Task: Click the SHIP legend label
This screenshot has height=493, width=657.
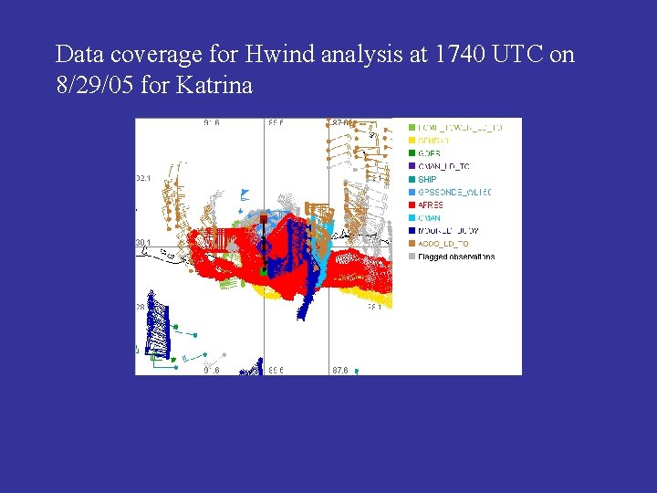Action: click(x=428, y=180)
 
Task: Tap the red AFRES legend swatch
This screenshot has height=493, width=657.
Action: click(x=412, y=205)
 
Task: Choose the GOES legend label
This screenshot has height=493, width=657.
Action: click(x=429, y=153)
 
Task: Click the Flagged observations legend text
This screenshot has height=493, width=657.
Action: click(x=456, y=257)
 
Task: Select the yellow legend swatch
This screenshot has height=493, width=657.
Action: click(x=412, y=141)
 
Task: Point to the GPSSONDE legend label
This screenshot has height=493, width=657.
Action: click(x=454, y=193)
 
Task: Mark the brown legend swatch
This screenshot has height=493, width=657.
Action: click(x=412, y=244)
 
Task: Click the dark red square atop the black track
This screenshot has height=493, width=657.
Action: click(x=263, y=220)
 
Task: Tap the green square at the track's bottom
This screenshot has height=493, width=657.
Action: click(x=263, y=271)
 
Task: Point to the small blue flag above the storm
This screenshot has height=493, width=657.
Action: click(x=244, y=194)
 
